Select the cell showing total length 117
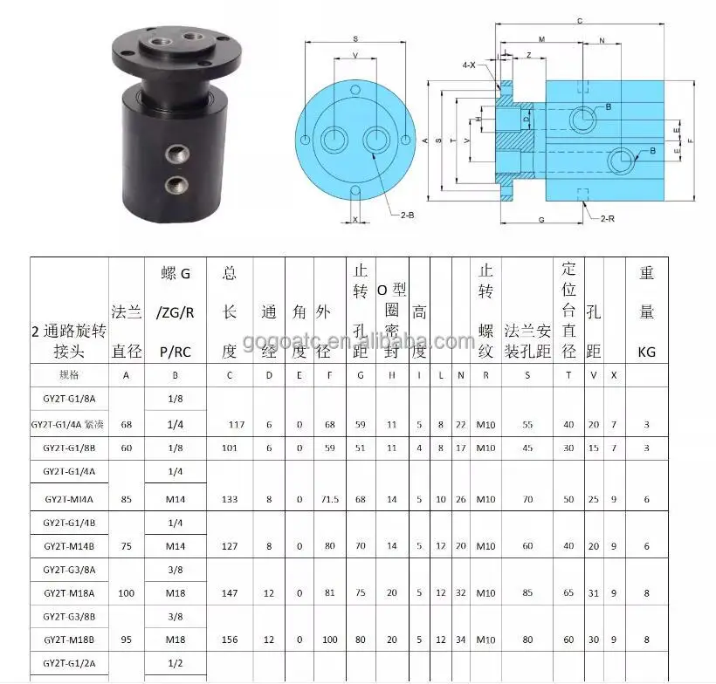pyautogui.click(x=237, y=425)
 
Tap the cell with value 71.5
pyautogui.click(x=331, y=499)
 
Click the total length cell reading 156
pyautogui.click(x=230, y=639)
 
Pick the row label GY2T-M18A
pyautogui.click(x=68, y=592)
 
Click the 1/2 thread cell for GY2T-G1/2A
pyautogui.click(x=176, y=663)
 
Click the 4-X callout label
pyautogui.click(x=470, y=65)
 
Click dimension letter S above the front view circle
pyautogui.click(x=355, y=39)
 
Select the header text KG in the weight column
pyautogui.click(x=647, y=353)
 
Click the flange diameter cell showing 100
pyautogui.click(x=127, y=592)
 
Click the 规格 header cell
pyautogui.click(x=68, y=375)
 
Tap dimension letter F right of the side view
pyautogui.click(x=690, y=140)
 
